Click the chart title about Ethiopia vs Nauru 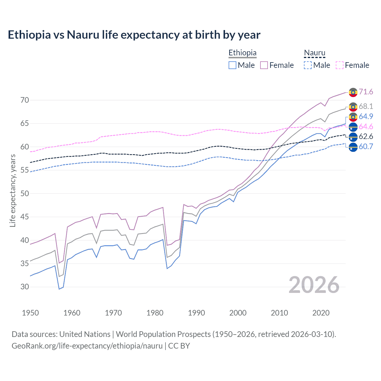coord(134,35)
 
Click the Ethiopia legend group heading coord(242,53)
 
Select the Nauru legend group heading coord(314,53)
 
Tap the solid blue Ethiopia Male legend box coord(232,65)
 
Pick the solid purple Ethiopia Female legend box coord(264,65)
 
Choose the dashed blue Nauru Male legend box coord(308,65)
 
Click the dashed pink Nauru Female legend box coord(340,65)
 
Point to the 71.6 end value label coord(366,92)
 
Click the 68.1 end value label coord(366,106)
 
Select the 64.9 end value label coord(366,116)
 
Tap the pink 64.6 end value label coord(366,127)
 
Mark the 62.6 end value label coord(366,137)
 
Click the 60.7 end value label coord(366,146)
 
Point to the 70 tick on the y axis coord(25,100)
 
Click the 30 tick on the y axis coord(25,287)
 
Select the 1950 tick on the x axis coord(30,313)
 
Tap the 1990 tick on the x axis coord(196,313)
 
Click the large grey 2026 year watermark coord(314,285)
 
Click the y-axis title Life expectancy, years coord(13,190)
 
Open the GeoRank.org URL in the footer coord(87,346)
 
